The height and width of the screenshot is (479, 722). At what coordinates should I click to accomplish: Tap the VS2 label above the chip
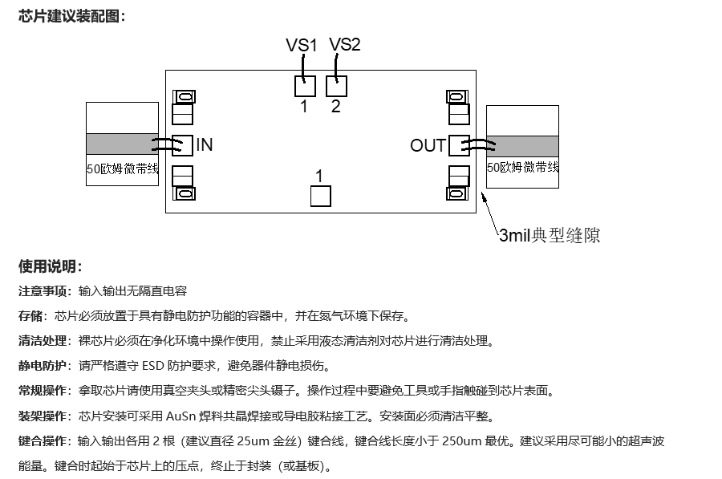[x=345, y=45]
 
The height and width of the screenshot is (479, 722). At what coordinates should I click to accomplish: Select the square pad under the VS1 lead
[x=305, y=86]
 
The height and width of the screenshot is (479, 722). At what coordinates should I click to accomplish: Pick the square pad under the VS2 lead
[x=336, y=86]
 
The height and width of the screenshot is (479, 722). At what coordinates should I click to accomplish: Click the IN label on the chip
[x=205, y=145]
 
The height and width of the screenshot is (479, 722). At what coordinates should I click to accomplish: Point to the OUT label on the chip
[x=428, y=146]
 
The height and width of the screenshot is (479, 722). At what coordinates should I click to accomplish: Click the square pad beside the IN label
[x=182, y=145]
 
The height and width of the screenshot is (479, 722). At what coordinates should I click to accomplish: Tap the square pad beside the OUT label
[x=458, y=145]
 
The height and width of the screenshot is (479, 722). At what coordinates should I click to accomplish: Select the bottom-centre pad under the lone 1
[x=320, y=196]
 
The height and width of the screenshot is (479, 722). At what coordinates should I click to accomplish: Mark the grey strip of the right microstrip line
[x=522, y=145]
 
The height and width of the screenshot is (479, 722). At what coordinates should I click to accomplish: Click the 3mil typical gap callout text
[x=550, y=236]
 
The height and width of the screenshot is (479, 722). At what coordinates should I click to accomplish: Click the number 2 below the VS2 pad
[x=335, y=107]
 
